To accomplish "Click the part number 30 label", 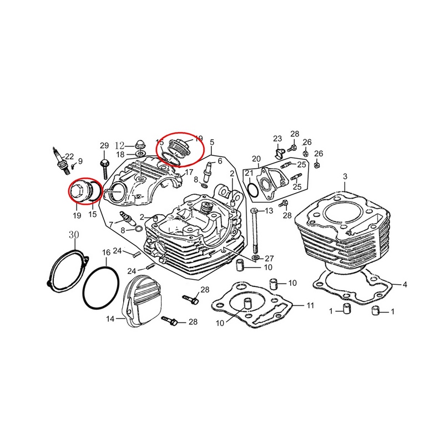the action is [x=74, y=235].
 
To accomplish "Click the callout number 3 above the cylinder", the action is [x=345, y=176].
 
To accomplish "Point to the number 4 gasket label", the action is [x=405, y=285].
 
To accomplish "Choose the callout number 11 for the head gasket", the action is [x=310, y=306].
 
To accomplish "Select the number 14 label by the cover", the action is [x=110, y=319].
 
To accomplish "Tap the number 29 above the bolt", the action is [x=104, y=145].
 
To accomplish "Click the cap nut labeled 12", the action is [x=140, y=144].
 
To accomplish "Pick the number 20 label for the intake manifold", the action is [x=256, y=159].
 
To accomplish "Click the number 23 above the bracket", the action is [x=277, y=138].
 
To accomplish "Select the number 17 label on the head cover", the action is [x=189, y=172].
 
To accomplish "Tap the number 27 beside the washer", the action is [x=269, y=258].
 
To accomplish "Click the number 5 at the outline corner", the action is [x=212, y=142].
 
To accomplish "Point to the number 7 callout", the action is [x=111, y=225].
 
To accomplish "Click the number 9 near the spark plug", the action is [x=80, y=161].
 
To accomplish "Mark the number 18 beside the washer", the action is [x=120, y=155].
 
